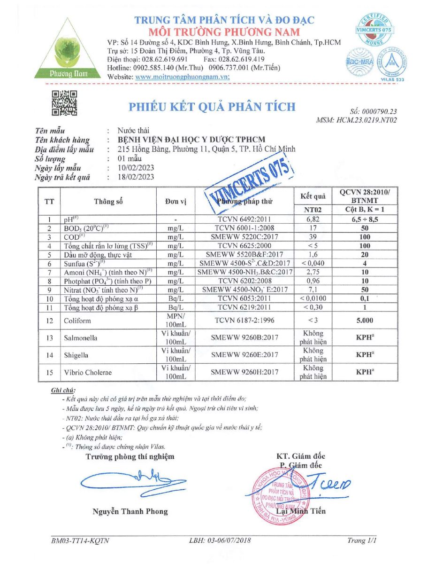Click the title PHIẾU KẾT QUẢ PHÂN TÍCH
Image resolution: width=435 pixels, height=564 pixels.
click(x=213, y=107)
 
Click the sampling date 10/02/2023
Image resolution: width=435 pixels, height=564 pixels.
click(x=137, y=168)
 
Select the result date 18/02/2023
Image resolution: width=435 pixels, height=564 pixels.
click(x=137, y=177)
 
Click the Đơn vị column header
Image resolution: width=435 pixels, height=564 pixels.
click(x=176, y=202)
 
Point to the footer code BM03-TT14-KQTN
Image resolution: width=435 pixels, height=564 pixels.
click(x=80, y=541)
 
